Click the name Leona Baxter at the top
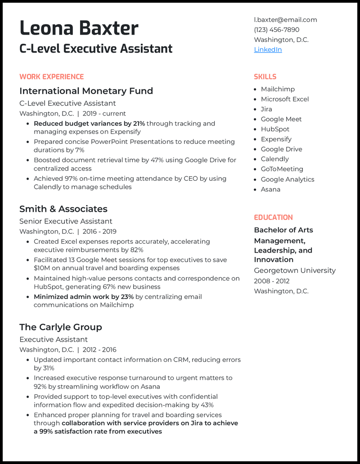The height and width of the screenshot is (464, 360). pyautogui.click(x=79, y=28)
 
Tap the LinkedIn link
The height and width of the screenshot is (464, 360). pyautogui.click(x=268, y=49)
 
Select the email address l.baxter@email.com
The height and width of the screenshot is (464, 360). pyautogui.click(x=285, y=20)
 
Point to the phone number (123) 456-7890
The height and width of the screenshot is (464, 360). pyautogui.click(x=276, y=30)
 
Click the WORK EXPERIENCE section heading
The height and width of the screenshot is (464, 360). pyautogui.click(x=51, y=77)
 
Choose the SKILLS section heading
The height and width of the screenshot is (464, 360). pyautogui.click(x=265, y=77)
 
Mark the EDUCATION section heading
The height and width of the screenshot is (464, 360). pyautogui.click(x=273, y=218)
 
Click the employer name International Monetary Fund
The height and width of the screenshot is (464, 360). pyautogui.click(x=86, y=91)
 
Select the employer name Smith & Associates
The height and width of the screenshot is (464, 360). pyautogui.click(x=63, y=209)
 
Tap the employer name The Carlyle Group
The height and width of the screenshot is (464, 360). pyautogui.click(x=60, y=327)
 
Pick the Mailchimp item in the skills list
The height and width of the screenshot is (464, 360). pyautogui.click(x=278, y=89)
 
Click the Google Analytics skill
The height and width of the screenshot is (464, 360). pyautogui.click(x=288, y=179)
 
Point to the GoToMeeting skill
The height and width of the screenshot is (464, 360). pyautogui.click(x=282, y=169)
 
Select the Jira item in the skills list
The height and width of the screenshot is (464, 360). pyautogui.click(x=266, y=109)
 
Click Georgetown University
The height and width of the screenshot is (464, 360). pyautogui.click(x=295, y=271)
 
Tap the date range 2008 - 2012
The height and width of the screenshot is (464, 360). pyautogui.click(x=272, y=281)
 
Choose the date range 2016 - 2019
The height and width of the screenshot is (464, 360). pyautogui.click(x=99, y=232)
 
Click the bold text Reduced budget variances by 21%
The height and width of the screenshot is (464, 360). pyautogui.click(x=89, y=124)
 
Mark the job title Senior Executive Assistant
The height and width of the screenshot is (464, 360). pyautogui.click(x=66, y=221)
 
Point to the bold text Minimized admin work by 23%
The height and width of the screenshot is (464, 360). pyautogui.click(x=84, y=297)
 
